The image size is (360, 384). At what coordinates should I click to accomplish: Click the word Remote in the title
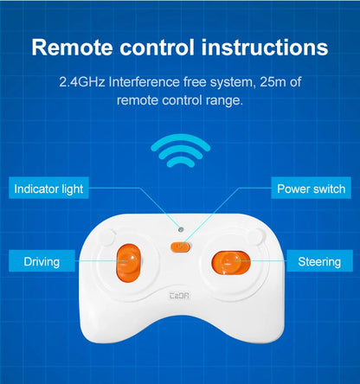(72, 48)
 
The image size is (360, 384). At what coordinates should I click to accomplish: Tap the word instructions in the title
(265, 48)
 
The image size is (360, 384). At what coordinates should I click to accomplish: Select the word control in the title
(157, 48)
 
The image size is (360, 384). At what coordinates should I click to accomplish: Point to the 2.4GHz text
(82, 82)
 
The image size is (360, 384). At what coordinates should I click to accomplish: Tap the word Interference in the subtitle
(145, 82)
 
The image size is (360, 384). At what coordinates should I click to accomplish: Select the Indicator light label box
(48, 188)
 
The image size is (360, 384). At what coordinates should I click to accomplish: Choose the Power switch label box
(311, 188)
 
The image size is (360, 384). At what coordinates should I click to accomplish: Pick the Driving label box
(42, 260)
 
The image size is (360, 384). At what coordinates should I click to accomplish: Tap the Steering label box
(319, 260)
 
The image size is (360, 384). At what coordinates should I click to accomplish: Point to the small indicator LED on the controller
(181, 229)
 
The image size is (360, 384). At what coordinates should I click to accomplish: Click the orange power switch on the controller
(181, 247)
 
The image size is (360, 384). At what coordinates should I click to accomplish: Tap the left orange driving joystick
(129, 263)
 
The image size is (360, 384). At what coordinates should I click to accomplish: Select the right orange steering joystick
(231, 263)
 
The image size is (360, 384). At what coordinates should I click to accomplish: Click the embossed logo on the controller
(179, 296)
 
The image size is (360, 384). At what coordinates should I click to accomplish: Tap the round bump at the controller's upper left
(107, 236)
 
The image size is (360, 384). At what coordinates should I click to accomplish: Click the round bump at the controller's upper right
(256, 236)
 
